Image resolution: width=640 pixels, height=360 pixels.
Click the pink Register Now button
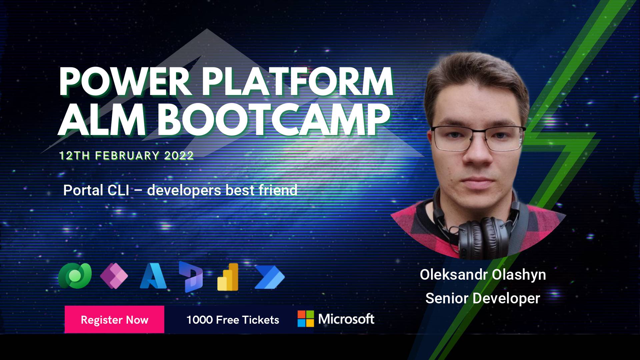tap(114, 319)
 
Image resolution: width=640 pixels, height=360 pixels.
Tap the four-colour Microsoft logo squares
tap(306, 319)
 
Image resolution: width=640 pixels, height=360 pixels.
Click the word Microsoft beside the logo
tap(346, 319)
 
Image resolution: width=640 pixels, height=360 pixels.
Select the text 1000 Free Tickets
tap(233, 320)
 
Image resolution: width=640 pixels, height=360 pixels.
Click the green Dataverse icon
tap(75, 275)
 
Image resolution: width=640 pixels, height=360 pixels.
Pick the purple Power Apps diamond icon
tap(114, 275)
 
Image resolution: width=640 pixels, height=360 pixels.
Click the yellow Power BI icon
tap(228, 277)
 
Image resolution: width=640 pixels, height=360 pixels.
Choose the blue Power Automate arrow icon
tap(269, 277)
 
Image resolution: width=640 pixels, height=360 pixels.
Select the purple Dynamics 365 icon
tap(191, 277)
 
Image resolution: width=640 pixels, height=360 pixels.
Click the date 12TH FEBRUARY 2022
tap(126, 156)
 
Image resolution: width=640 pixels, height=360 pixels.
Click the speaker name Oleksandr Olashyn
tap(483, 275)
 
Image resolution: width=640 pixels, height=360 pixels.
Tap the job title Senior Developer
tap(483, 298)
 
